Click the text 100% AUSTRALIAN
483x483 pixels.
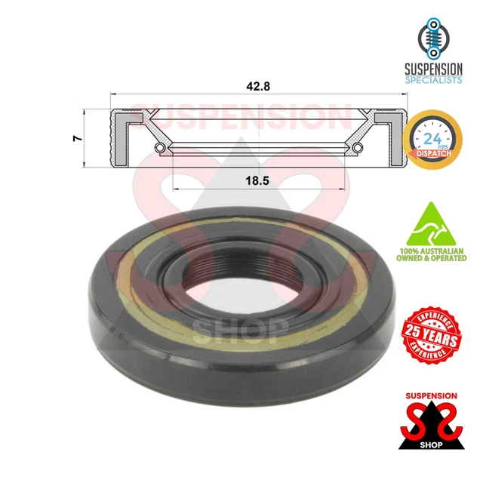432,249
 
